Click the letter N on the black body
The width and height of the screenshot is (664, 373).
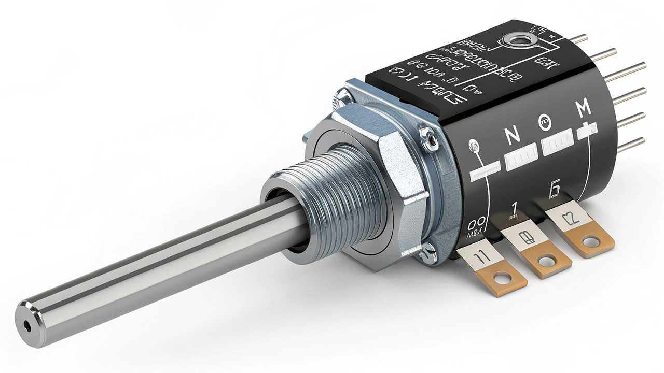click(x=513, y=136)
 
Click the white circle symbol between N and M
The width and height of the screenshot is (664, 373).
click(x=546, y=123)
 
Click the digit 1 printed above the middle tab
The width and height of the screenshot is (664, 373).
click(x=515, y=209)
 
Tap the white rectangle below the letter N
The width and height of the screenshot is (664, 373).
click(x=521, y=153)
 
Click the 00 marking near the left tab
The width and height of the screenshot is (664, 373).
click(x=476, y=225)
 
